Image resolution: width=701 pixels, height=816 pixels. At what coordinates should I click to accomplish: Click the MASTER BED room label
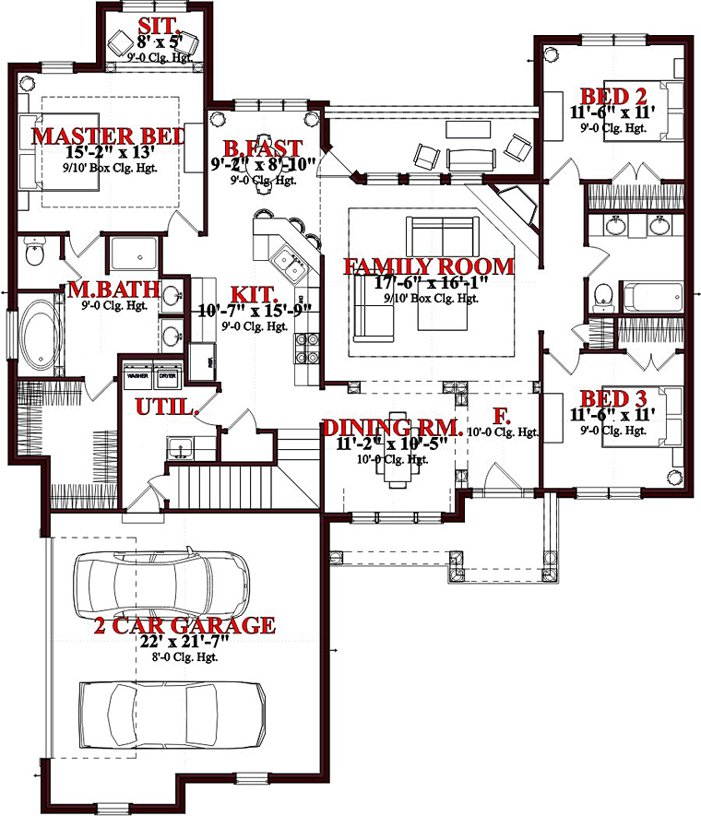tap(108, 136)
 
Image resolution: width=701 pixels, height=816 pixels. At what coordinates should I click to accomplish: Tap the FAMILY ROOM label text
tap(428, 266)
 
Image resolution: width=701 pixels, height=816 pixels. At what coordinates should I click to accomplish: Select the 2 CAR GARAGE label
tap(184, 625)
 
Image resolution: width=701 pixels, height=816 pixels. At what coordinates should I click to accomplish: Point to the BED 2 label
tap(612, 95)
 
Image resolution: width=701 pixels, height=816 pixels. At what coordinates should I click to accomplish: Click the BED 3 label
tap(612, 398)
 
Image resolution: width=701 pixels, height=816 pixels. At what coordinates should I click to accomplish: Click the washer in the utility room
tap(137, 381)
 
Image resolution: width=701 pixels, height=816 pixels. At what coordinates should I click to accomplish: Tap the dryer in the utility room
tap(167, 381)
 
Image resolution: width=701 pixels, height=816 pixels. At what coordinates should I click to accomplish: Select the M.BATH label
tap(113, 291)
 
